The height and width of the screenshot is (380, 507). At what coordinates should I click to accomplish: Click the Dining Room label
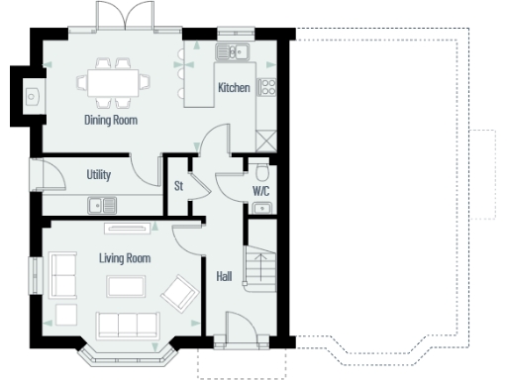pyautogui.click(x=110, y=121)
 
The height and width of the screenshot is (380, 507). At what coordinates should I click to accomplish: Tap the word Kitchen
pyautogui.click(x=234, y=88)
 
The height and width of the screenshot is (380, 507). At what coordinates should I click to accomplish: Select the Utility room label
pyautogui.click(x=98, y=175)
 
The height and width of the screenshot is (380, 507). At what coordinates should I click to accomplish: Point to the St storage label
pyautogui.click(x=179, y=185)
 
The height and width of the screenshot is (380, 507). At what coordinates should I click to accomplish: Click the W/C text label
pyautogui.click(x=261, y=189)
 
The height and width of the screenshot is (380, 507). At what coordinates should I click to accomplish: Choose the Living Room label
pyautogui.click(x=125, y=258)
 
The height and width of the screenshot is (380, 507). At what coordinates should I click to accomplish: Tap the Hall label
pyautogui.click(x=224, y=277)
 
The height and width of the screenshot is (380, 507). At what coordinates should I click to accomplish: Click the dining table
pyautogui.click(x=117, y=82)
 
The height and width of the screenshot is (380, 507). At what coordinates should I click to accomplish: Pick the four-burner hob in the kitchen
pyautogui.click(x=266, y=86)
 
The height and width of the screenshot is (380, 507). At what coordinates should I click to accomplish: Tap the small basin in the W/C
pyautogui.click(x=262, y=207)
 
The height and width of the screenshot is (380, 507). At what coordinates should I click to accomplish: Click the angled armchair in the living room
pyautogui.click(x=179, y=293)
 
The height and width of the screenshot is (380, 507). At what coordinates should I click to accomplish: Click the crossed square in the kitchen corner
pyautogui.click(x=265, y=139)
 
